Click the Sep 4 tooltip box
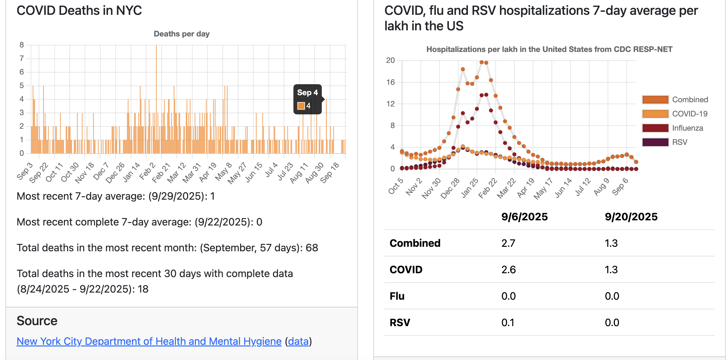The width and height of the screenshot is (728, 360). tap(307, 99)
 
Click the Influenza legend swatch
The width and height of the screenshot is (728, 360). tap(655, 128)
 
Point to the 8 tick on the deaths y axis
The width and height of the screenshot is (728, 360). tap(22, 45)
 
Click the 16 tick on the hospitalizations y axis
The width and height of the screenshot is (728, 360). tap(390, 82)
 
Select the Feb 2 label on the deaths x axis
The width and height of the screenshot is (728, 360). tap(147, 171)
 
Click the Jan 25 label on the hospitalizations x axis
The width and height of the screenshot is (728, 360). tap(470, 188)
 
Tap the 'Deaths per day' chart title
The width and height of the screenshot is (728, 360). tap(181, 34)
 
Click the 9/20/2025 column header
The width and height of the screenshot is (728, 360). tap(631, 217)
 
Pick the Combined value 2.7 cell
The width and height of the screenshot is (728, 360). tap(508, 243)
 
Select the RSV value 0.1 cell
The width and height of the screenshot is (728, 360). tap(508, 323)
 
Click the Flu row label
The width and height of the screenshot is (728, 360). tap(397, 296)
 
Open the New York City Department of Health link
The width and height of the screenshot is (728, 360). tap(149, 341)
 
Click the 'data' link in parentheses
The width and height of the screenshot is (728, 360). tap(298, 341)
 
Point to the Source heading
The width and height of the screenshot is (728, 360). tap(37, 321)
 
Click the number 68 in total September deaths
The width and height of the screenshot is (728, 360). tap(312, 248)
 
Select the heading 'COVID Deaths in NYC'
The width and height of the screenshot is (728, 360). tap(79, 11)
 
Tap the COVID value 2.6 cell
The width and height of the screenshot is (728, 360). tap(508, 270)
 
